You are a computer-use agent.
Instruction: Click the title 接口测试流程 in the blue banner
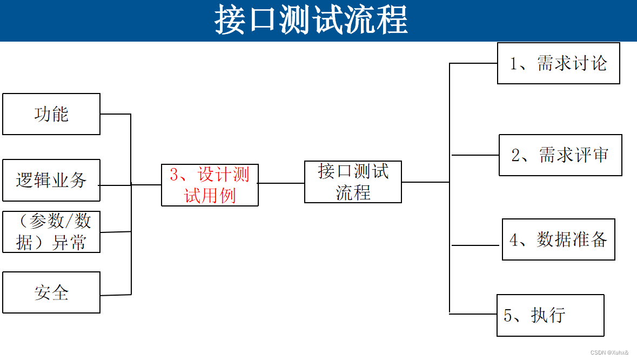pyautogui.click(x=311, y=20)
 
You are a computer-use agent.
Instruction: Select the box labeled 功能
pyautogui.click(x=51, y=114)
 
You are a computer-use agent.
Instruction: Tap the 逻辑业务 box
pyautogui.click(x=51, y=180)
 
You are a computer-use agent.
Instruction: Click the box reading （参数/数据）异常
pyautogui.click(x=51, y=231)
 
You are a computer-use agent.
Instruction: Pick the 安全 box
pyautogui.click(x=51, y=292)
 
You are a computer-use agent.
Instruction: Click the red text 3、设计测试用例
pyautogui.click(x=210, y=185)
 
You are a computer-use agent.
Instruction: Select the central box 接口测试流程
pyautogui.click(x=353, y=182)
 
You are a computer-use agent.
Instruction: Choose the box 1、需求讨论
pyautogui.click(x=558, y=63)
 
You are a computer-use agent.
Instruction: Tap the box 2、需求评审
pyautogui.click(x=560, y=155)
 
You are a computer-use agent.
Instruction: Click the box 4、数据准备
pyautogui.click(x=558, y=239)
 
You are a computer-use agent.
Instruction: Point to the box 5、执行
pyautogui.click(x=550, y=315)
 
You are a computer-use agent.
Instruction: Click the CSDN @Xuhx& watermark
pyautogui.click(x=609, y=352)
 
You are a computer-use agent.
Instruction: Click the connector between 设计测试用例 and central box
pyautogui.click(x=281, y=183)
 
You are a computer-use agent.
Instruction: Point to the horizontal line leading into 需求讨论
pyautogui.click(x=473, y=63)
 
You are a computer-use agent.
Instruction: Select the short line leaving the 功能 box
pyautogui.click(x=115, y=114)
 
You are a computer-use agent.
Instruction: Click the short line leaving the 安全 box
pyautogui.click(x=115, y=295)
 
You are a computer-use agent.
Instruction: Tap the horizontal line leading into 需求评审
pyautogui.click(x=474, y=155)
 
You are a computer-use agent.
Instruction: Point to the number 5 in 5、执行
pyautogui.click(x=507, y=316)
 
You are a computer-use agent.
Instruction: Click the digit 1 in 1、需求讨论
pyautogui.click(x=514, y=64)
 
